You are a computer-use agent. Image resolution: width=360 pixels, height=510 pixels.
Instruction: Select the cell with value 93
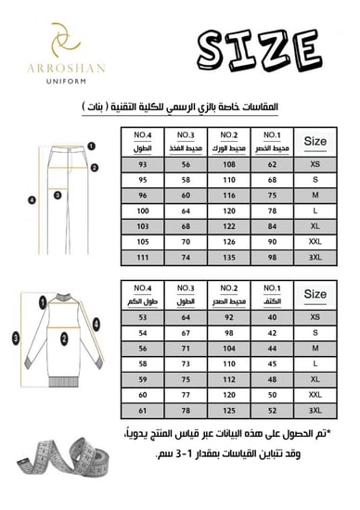pyautogui.click(x=143, y=165)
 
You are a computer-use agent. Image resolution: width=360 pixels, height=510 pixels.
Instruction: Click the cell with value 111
pyautogui.click(x=143, y=255)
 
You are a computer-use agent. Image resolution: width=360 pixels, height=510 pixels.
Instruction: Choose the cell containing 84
pyautogui.click(x=272, y=225)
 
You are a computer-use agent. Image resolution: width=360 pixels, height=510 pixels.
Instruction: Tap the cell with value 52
pyautogui.click(x=272, y=408)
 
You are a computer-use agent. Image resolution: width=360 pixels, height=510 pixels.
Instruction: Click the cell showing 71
pyautogui.click(x=186, y=348)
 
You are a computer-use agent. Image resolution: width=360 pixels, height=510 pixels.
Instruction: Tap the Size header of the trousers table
pyautogui.click(x=315, y=141)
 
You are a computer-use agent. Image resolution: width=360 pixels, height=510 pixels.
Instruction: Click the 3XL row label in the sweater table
pyautogui.click(x=315, y=408)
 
